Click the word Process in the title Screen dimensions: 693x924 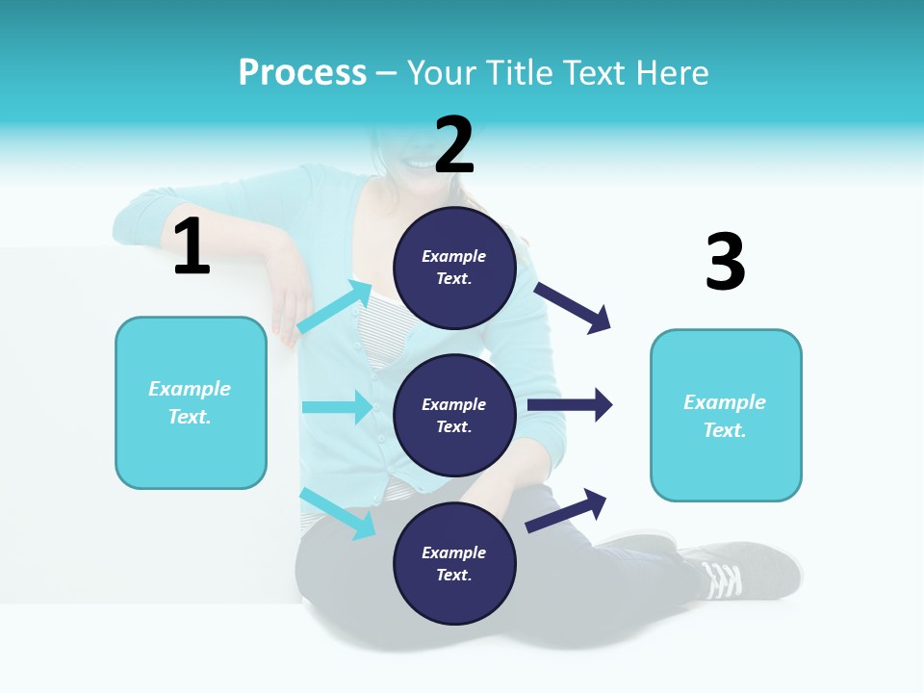tap(302, 73)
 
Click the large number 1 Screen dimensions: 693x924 tap(192, 247)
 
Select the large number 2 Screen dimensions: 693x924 tap(454, 145)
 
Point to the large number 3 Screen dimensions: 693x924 tap(725, 263)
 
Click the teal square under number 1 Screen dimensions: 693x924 tap(191, 402)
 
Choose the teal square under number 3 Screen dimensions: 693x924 tap(726, 416)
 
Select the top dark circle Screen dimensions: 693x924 tap(454, 268)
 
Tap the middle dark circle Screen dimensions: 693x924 tap(454, 416)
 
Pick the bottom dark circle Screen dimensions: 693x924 tap(454, 564)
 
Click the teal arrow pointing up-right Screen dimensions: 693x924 tap(334, 307)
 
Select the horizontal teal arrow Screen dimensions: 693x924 tap(337, 407)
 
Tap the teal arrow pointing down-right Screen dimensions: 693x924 tap(338, 513)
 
